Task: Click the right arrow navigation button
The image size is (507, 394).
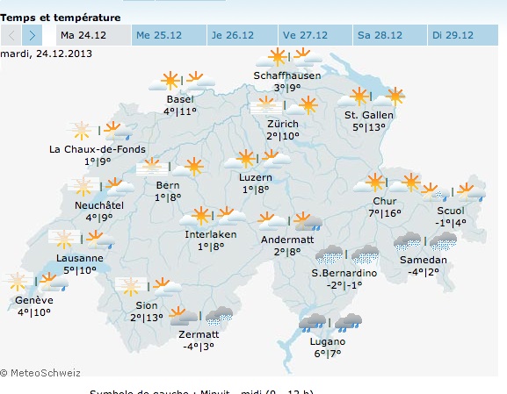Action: point(33,35)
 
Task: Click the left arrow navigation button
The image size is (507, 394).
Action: point(11,35)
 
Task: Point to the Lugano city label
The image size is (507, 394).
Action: point(327,341)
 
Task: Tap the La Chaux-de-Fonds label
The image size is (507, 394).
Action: point(98,149)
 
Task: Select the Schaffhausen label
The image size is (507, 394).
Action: point(286,75)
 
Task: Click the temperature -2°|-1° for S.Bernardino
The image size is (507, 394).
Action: point(344,285)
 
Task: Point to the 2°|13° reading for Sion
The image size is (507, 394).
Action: point(147,318)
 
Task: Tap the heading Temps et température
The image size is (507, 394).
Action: point(61,17)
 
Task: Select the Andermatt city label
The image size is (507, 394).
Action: point(287,240)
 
